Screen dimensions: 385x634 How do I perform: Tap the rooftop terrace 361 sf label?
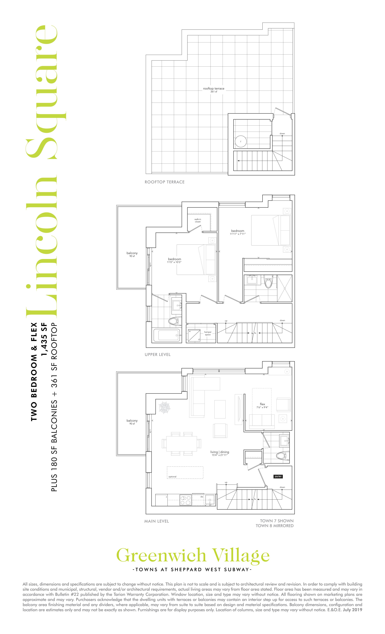(x=214, y=90)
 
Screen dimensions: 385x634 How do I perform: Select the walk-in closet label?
(x=198, y=220)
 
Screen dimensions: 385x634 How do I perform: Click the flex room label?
(x=262, y=405)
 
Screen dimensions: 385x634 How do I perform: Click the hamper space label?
(x=208, y=333)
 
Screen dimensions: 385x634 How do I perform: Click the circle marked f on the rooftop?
(x=241, y=141)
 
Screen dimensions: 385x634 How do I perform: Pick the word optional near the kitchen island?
(x=172, y=477)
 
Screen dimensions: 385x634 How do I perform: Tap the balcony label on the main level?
(x=132, y=422)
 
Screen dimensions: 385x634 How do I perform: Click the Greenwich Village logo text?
(x=193, y=556)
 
